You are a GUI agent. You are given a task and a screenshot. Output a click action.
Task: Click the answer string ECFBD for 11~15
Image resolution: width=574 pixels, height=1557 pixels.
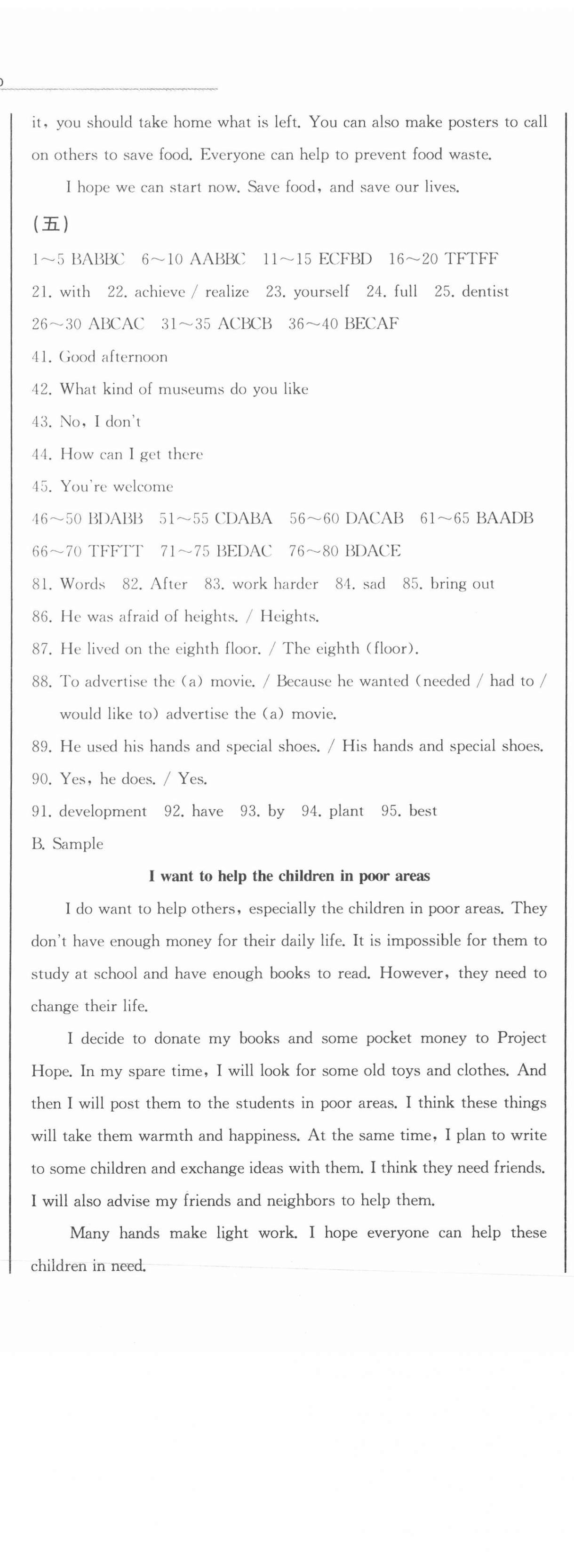[x=344, y=259]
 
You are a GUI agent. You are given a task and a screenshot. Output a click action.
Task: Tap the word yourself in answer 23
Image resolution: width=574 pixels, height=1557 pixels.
[x=321, y=292]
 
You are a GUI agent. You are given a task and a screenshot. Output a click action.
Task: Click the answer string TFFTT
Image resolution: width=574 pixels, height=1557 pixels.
[x=115, y=551]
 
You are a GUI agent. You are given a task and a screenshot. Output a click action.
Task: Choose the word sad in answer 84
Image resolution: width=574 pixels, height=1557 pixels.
[x=374, y=584]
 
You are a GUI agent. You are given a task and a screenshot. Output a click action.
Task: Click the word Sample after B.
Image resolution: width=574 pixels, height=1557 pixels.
[x=78, y=844]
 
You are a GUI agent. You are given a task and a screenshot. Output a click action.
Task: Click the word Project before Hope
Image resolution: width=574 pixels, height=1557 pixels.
[x=521, y=1039]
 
